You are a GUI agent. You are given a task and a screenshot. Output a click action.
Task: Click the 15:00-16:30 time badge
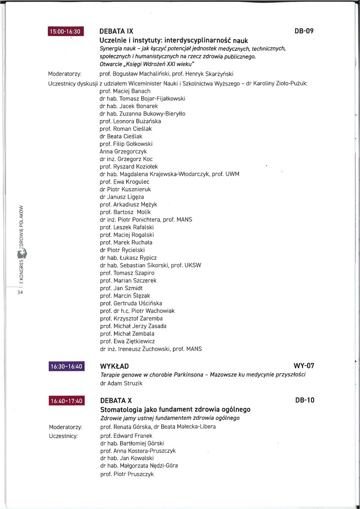tap(67, 32)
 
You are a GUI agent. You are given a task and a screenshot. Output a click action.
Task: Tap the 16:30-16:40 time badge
tap(67, 366)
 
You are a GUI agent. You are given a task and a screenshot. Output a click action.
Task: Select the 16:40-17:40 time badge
tap(67, 401)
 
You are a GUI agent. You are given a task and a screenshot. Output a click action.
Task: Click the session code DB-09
tap(304, 32)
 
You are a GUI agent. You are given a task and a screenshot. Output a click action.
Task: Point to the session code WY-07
tap(304, 366)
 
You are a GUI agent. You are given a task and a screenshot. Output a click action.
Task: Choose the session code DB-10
tap(304, 401)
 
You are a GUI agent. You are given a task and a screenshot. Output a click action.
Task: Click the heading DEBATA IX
tap(116, 32)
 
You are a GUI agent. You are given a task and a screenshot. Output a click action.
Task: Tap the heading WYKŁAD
tap(114, 366)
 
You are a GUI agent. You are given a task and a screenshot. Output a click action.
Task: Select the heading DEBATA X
tap(116, 401)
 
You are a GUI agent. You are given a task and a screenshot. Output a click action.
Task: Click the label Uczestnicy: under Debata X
tap(63, 436)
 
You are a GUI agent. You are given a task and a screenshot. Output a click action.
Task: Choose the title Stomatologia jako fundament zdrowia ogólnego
tap(175, 410)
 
